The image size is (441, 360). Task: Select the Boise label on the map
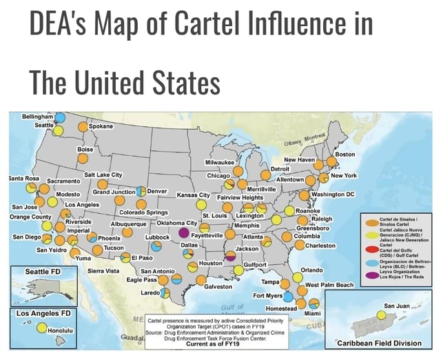(86, 149)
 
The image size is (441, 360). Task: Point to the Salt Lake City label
(103, 175)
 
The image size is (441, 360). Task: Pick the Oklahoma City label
(182, 223)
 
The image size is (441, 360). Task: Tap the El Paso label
(142, 258)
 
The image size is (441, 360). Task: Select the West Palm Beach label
(329, 284)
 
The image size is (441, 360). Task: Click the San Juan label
(398, 306)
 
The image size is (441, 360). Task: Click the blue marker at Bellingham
(61, 117)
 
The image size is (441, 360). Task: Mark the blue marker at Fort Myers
(289, 297)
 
